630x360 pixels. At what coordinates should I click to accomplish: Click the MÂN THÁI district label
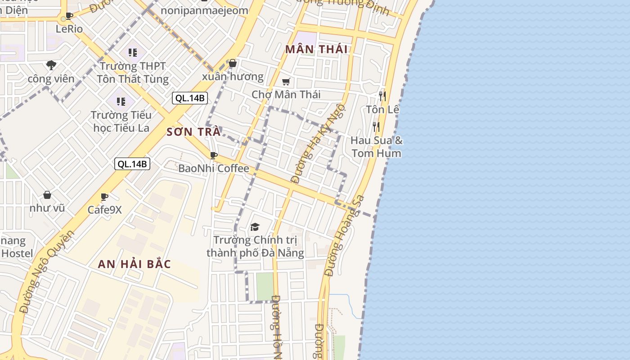(316, 49)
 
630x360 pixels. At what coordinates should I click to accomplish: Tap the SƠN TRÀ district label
(193, 132)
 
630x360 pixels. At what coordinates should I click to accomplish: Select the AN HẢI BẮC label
(134, 264)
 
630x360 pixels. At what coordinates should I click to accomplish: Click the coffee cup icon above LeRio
(69, 16)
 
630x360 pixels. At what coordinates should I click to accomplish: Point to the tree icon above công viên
(51, 65)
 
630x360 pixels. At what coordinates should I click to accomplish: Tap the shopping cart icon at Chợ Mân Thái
(286, 81)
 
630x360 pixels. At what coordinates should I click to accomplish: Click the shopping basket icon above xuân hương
(233, 63)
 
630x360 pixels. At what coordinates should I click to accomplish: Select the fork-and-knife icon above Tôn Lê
(382, 96)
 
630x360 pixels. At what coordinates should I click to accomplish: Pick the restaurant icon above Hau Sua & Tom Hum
(376, 126)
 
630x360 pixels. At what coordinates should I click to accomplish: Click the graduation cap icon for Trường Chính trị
(255, 227)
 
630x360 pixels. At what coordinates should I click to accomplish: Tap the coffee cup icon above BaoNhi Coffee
(214, 156)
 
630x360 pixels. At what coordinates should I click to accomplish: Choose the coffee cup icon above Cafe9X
(104, 197)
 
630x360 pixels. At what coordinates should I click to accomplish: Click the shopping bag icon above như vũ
(47, 195)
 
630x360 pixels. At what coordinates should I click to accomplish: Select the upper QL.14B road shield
(189, 98)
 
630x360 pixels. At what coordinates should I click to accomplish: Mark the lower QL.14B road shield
(132, 164)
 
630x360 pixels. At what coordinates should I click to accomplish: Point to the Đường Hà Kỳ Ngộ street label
(318, 144)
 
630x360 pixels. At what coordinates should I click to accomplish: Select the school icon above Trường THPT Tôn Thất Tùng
(132, 53)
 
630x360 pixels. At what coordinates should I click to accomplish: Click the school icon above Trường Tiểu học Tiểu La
(121, 102)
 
